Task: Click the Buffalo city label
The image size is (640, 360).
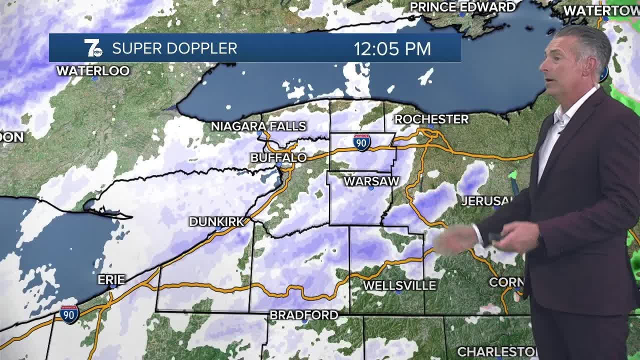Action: pos(278,157)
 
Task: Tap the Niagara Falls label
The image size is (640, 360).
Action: pos(258,126)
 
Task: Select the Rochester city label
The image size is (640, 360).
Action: pos(431,119)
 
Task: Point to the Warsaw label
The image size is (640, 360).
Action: pos(371,181)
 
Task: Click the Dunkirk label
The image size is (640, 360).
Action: pos(216,221)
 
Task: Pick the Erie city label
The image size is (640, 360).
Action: pos(111,279)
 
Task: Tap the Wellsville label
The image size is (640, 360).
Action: pos(399,285)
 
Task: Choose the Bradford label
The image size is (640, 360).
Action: pos(304,315)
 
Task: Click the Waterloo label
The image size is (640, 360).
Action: pos(93,70)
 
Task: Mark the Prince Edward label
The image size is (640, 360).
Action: pos(462,7)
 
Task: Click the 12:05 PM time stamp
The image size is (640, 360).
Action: pos(392,48)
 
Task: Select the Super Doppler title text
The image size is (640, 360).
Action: pos(174,48)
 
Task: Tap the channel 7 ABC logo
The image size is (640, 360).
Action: pos(93,48)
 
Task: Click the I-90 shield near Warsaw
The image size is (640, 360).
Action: pos(361,142)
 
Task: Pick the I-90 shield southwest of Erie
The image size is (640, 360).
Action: pos(69,314)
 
